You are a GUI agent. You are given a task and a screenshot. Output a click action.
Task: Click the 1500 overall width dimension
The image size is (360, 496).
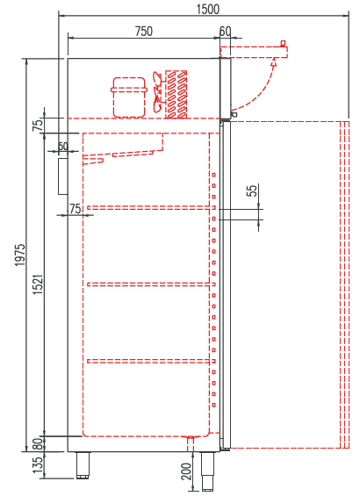[x=208, y=7]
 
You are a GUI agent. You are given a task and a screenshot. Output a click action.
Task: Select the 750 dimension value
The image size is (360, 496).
[x=143, y=31]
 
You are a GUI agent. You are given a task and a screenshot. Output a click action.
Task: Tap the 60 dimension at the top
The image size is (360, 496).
[x=226, y=31]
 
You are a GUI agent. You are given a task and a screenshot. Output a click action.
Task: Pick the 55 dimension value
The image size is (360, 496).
[x=252, y=190]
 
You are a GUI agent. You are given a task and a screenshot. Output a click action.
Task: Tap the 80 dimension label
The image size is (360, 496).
[x=37, y=443]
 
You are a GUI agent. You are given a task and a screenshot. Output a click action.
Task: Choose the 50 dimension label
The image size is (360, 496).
[x=62, y=147]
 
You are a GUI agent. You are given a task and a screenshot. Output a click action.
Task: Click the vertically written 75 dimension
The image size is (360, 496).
[x=37, y=125]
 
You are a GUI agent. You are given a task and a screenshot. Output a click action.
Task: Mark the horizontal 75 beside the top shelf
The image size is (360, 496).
[x=75, y=208]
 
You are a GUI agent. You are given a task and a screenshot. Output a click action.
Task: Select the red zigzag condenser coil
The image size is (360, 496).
[x=177, y=93]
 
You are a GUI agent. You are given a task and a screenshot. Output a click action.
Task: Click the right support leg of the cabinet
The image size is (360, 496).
[x=208, y=469]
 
